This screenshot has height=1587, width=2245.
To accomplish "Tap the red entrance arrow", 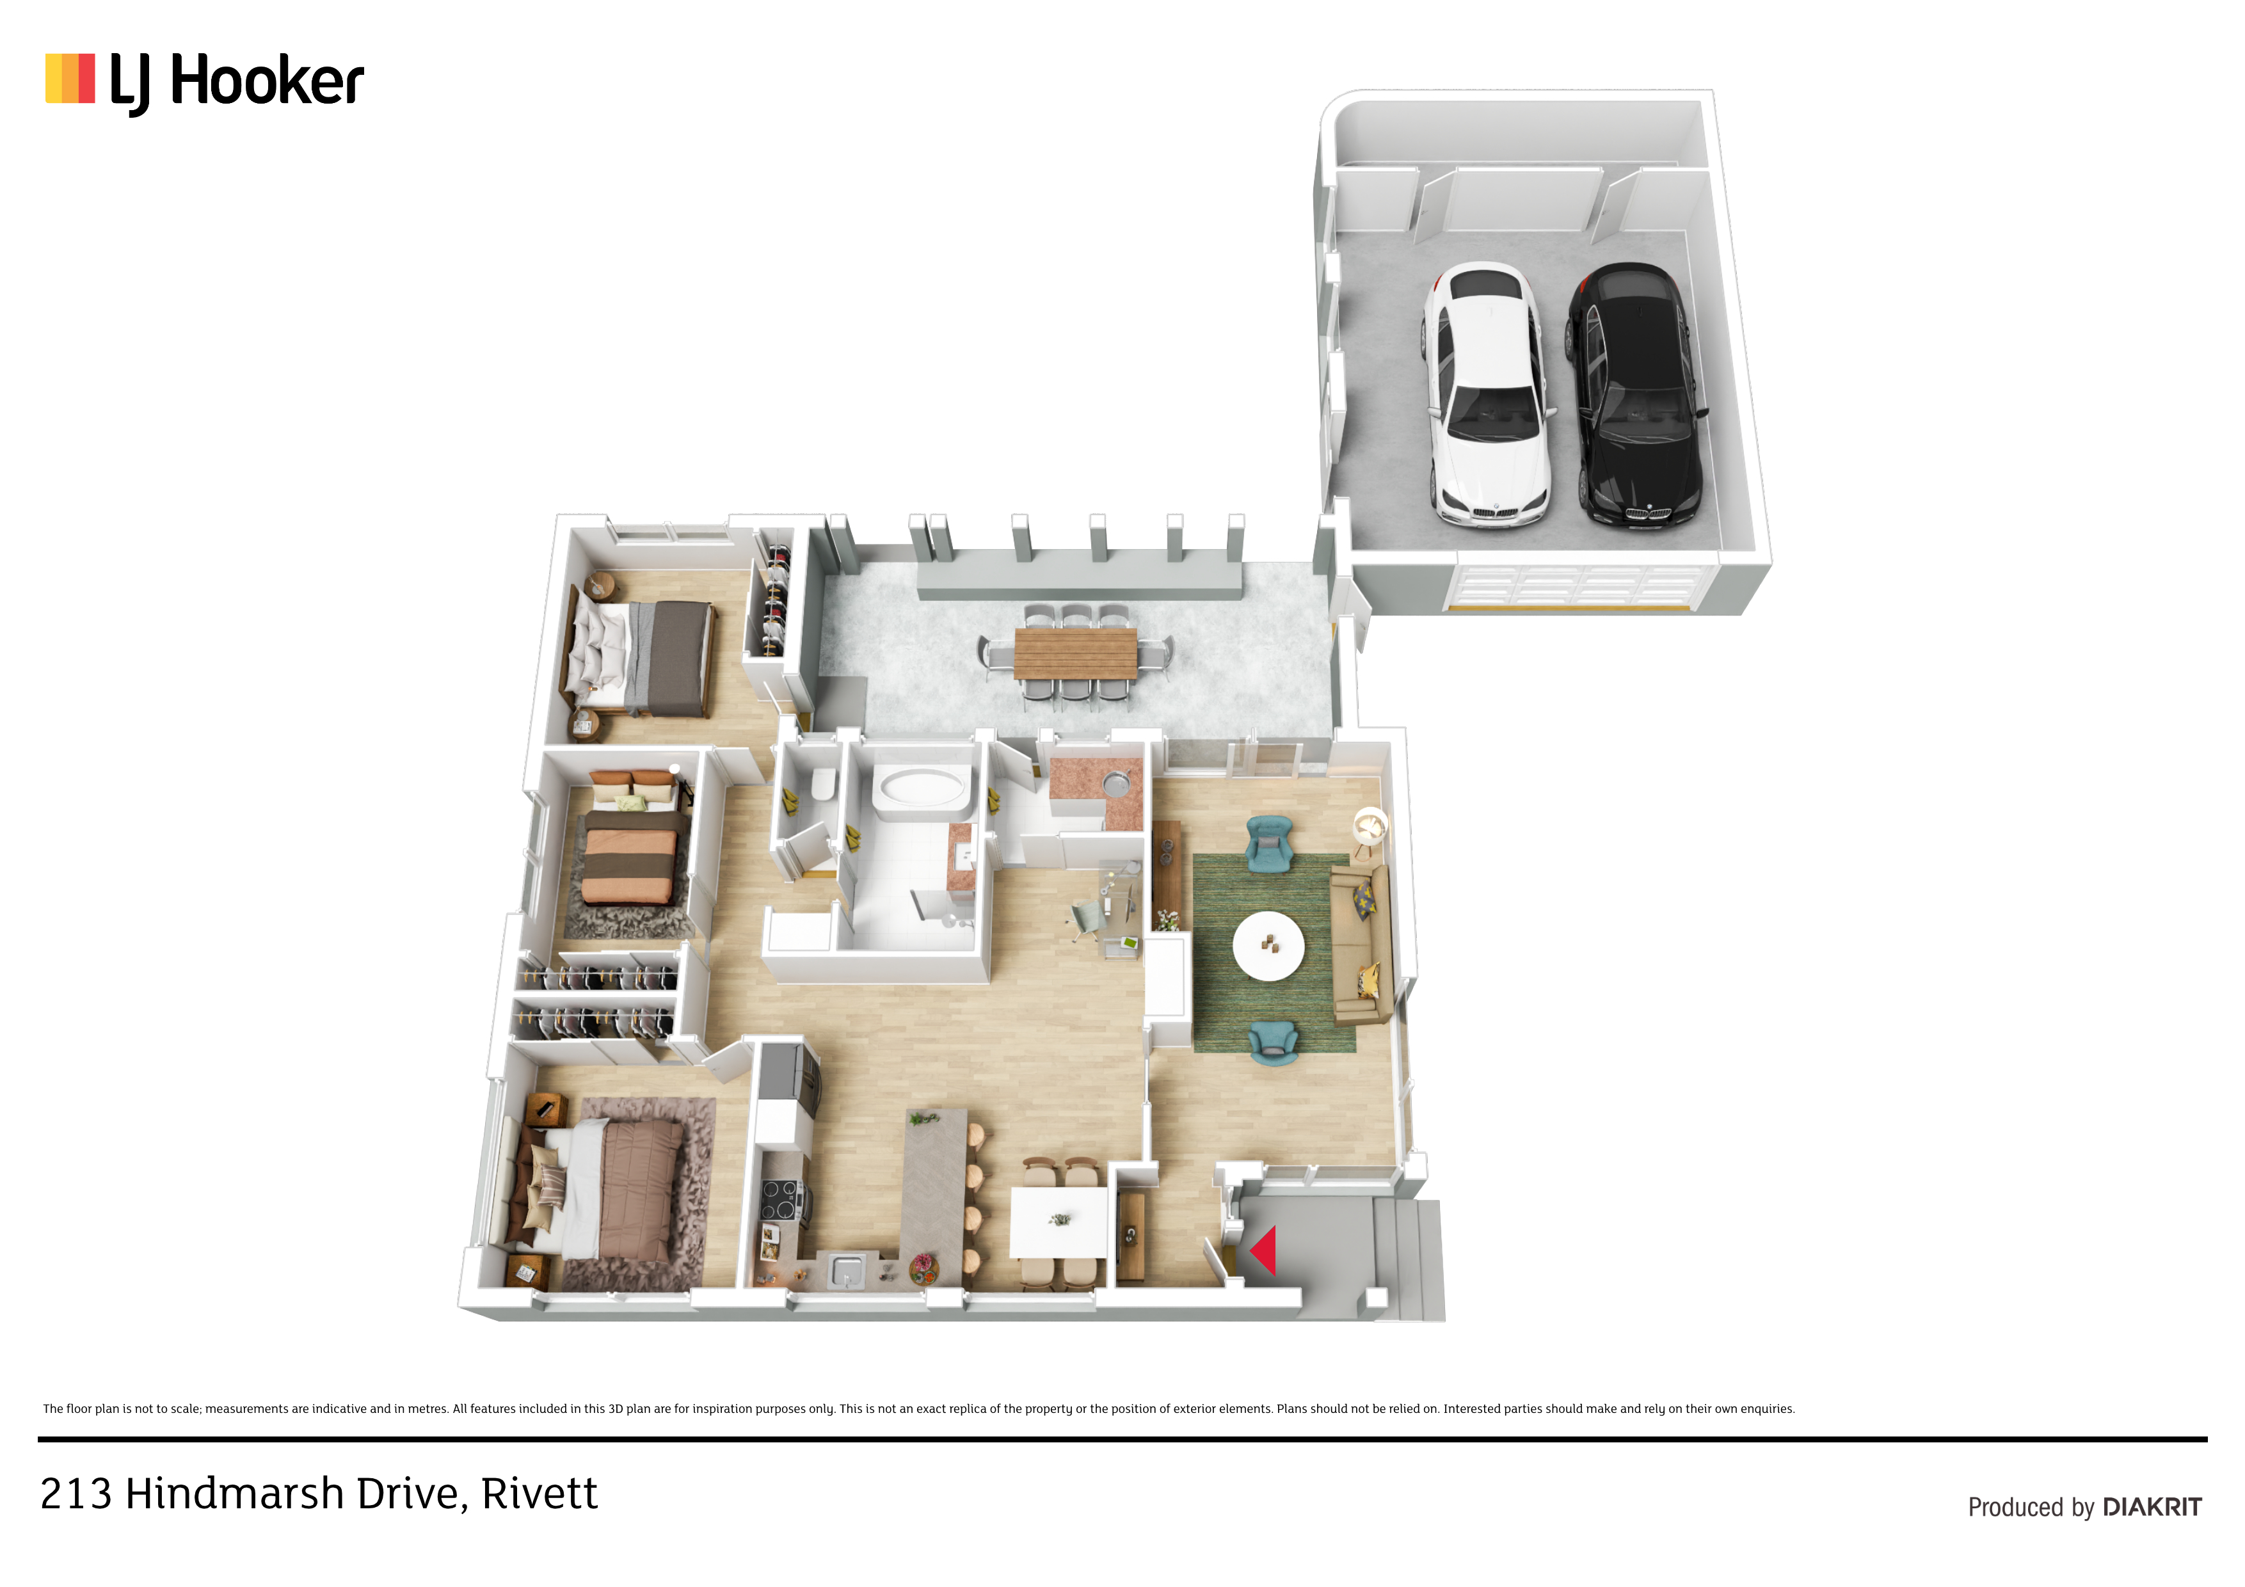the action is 1263,1250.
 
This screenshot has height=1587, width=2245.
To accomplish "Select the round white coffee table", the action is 1268,946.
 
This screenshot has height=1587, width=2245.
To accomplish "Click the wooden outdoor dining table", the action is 1076,653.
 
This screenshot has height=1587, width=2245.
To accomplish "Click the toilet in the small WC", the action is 822,783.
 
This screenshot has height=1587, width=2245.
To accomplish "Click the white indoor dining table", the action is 1059,1222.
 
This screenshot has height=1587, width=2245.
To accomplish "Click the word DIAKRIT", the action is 2152,1507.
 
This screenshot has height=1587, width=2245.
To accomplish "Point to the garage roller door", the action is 1576,587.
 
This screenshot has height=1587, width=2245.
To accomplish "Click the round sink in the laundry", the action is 1115,782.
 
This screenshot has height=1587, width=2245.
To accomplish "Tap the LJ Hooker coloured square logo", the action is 70,78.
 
